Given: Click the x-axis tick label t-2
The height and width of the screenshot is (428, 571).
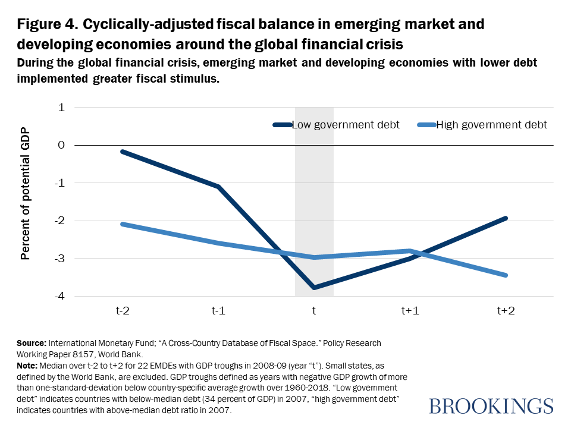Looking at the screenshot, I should pos(123,310).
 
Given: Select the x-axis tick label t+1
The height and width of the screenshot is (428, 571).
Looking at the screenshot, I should pos(410,310).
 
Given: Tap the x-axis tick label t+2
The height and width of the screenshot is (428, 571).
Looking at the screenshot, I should pos(506,310).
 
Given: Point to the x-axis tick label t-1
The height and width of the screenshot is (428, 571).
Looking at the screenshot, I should pos(218,310).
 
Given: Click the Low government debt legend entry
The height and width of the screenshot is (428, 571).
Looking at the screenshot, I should pos(346,125).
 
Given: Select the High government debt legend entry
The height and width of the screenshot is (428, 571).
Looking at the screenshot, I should pos(491,125).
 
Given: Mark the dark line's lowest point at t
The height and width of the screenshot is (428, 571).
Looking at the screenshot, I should pos(314,288).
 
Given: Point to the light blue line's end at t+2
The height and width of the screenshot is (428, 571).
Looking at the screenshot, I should pos(506,275).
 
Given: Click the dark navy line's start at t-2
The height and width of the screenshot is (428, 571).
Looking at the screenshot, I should pos(123,152).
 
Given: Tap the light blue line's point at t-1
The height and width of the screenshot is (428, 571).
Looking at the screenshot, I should pos(218,243).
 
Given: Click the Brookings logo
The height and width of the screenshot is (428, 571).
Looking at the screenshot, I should pos(491,405).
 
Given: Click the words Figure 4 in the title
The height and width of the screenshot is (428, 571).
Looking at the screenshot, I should pos(46,25).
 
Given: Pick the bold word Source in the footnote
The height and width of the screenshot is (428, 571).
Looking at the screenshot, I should pos(32,344).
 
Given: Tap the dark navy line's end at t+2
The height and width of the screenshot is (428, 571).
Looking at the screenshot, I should pos(506,218).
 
